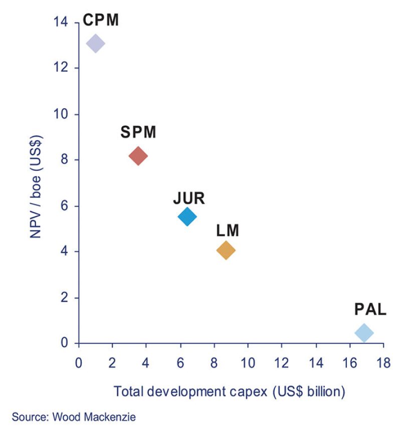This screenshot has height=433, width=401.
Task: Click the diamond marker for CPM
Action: (95, 44)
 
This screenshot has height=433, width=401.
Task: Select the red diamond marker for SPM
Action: (138, 156)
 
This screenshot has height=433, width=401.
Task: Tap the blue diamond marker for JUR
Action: (187, 217)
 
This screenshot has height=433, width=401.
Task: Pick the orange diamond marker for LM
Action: (226, 250)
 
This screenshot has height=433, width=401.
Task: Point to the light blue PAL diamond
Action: (364, 332)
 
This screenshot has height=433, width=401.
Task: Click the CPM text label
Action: (100, 20)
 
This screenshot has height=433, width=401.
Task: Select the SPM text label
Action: (138, 132)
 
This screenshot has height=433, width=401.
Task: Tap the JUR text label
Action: (189, 198)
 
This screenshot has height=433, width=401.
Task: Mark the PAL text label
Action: (370, 309)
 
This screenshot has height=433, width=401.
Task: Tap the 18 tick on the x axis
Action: (383, 362)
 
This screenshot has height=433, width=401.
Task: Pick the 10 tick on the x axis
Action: (248, 362)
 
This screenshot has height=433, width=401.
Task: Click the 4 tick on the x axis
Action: (146, 362)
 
